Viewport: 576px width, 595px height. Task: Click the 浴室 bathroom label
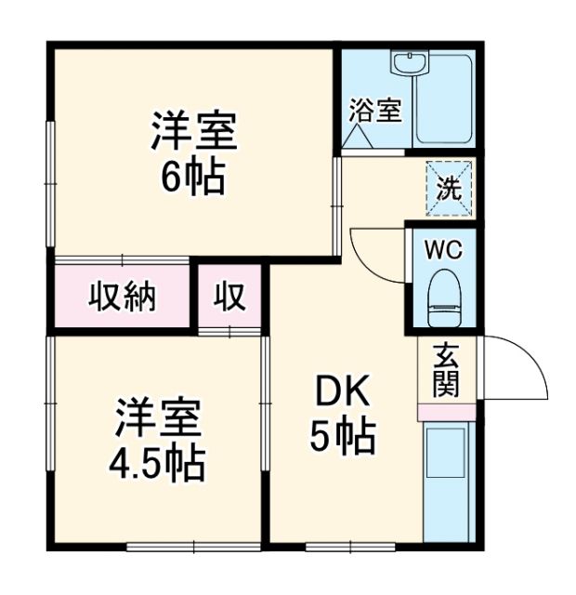tap(375, 111)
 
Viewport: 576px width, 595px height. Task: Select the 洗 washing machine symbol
tap(450, 189)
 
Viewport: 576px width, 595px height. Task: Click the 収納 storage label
tap(123, 297)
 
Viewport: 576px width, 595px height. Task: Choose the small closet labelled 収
tap(231, 297)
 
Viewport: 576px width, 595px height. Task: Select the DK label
tap(342, 395)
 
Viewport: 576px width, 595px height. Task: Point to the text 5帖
tap(342, 434)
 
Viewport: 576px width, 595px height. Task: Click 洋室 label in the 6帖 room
tap(194, 133)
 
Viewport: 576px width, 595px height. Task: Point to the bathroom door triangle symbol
tap(358, 138)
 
